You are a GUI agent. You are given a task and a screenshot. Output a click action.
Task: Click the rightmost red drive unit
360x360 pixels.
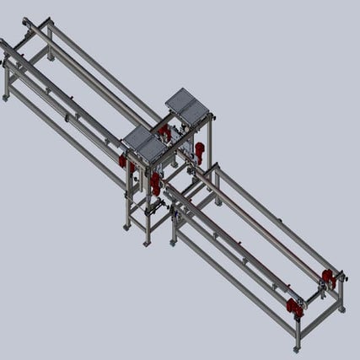[x=328, y=278]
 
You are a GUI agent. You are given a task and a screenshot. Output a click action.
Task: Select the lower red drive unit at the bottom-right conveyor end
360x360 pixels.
[x=295, y=308]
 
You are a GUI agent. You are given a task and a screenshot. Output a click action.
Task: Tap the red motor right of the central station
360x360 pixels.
[x=200, y=152]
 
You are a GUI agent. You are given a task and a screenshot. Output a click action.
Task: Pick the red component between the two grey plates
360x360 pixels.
[x=164, y=132]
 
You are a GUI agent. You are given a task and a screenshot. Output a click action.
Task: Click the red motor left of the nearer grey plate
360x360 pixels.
[x=124, y=160]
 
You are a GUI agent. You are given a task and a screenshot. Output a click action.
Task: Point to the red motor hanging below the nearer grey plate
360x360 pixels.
[x=156, y=184]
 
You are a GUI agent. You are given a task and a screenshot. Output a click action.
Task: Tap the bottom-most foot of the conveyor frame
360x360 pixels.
[x=297, y=348]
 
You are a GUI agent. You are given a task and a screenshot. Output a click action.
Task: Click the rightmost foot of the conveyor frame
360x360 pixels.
[x=341, y=309]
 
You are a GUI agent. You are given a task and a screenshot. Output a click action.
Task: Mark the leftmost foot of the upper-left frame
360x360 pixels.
[x=6, y=98]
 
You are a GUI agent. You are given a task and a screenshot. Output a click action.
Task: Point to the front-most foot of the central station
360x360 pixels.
[x=147, y=243]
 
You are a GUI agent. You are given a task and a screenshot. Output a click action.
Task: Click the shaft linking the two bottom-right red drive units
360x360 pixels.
[x=312, y=293]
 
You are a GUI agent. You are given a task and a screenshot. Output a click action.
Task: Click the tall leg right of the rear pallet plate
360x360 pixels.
[x=212, y=139]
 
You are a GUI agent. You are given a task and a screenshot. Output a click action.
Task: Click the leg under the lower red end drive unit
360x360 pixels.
[x=298, y=332]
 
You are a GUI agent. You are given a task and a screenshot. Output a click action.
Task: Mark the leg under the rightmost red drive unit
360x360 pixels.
[x=341, y=295]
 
